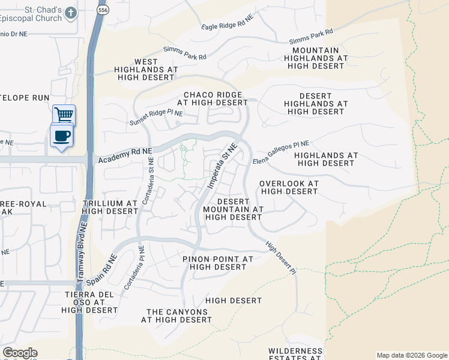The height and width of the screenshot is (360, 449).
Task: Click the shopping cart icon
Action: [x=63, y=114]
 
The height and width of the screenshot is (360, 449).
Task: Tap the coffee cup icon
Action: [x=62, y=136]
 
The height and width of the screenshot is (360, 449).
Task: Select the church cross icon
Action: [x=71, y=13]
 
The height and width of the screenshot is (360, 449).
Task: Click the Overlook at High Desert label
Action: [x=288, y=187]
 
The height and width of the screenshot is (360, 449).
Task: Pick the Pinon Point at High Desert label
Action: [x=218, y=263]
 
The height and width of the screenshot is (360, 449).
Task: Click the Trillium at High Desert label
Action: [x=110, y=208]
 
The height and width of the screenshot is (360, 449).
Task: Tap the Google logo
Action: [x=20, y=353]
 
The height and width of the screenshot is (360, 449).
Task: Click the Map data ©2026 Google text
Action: [x=411, y=355]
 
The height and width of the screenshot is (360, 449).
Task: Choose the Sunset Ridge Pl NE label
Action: [x=156, y=118]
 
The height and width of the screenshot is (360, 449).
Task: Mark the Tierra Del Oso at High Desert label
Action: [x=89, y=302]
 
